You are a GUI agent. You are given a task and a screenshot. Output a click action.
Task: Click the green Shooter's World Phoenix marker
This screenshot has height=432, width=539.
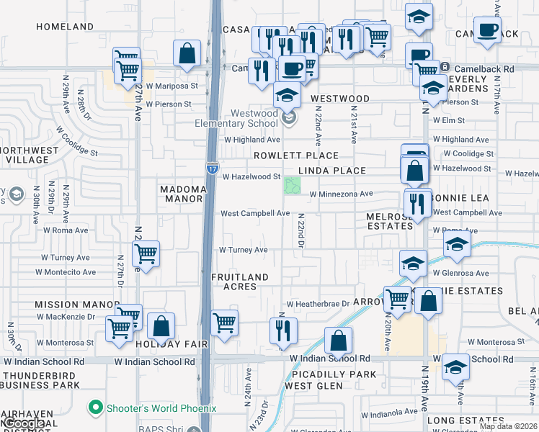tap(94, 408)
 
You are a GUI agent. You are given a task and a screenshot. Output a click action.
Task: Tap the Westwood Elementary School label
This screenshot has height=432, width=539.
tap(254, 118)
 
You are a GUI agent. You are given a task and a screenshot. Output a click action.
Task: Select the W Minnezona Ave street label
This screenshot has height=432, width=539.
tap(341, 194)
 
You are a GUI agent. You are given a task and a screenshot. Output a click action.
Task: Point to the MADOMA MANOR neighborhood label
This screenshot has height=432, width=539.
tap(183, 193)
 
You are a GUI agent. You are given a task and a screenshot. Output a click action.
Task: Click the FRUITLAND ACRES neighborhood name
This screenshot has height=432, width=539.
tap(239, 282)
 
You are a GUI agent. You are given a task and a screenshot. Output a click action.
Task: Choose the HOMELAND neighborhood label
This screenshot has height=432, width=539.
tap(65, 27)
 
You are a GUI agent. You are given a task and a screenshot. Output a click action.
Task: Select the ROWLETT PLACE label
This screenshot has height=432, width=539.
tap(295, 156)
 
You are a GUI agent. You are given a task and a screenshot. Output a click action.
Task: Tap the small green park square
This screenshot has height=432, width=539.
tap(292, 185)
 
